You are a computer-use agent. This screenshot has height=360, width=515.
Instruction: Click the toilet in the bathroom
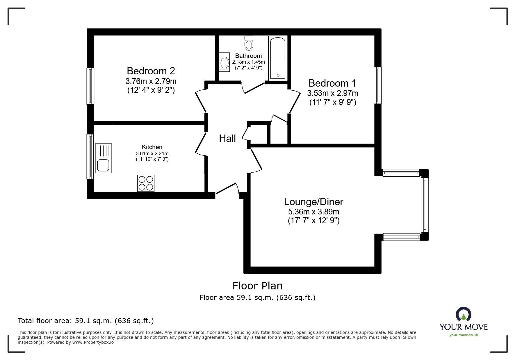(x=249, y=43)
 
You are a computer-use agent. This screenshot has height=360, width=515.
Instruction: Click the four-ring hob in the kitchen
(x=146, y=183)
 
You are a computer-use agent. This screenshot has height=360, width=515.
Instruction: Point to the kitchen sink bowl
(x=103, y=165)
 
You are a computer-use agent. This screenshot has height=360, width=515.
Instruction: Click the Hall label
(x=227, y=139)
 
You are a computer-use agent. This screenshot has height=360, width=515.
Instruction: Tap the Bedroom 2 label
(x=151, y=71)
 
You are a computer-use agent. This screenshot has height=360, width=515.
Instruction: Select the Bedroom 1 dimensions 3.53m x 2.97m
(x=332, y=93)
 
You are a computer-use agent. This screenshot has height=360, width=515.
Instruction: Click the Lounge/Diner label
(x=313, y=202)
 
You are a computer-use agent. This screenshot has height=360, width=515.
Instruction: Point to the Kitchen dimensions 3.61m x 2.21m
(x=152, y=153)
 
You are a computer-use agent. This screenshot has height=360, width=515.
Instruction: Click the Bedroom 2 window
(x=91, y=86)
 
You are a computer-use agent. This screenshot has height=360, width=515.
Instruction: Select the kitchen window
(x=90, y=156)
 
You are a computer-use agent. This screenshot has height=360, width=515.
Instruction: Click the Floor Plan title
(x=257, y=286)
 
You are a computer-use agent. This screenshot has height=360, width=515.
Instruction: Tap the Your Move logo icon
(x=463, y=315)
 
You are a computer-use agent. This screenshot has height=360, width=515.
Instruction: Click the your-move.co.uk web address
(x=464, y=335)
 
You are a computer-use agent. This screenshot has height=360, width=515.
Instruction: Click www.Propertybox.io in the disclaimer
(x=93, y=342)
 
